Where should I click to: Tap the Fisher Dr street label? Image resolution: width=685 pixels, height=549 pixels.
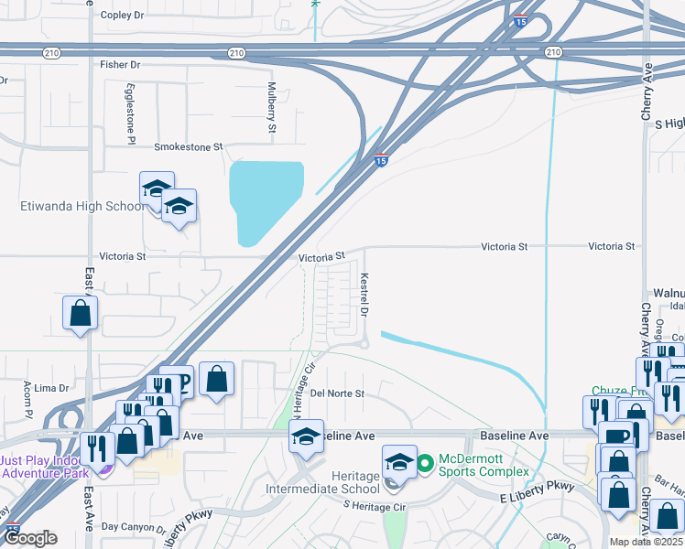click(120, 65)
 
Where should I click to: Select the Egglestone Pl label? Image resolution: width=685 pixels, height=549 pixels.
click(131, 114)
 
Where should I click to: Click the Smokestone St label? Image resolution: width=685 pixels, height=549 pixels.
click(189, 146)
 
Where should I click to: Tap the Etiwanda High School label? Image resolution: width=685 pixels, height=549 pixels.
click(82, 207)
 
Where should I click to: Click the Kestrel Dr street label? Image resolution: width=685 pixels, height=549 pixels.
click(364, 295)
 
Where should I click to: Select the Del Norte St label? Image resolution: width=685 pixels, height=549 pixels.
click(337, 393)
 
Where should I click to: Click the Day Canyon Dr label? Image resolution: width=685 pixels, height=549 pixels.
click(132, 527)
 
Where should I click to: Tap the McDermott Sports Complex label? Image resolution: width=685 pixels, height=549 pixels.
click(484, 464)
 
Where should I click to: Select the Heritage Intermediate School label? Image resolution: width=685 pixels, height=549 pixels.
click(310, 483)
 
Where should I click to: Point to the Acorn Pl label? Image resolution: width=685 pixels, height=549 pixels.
click(28, 395)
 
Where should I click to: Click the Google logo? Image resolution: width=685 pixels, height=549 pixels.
click(32, 539)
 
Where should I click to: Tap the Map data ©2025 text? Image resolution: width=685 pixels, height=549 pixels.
click(647, 541)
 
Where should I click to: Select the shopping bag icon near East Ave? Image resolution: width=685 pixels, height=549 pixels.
click(81, 313)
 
